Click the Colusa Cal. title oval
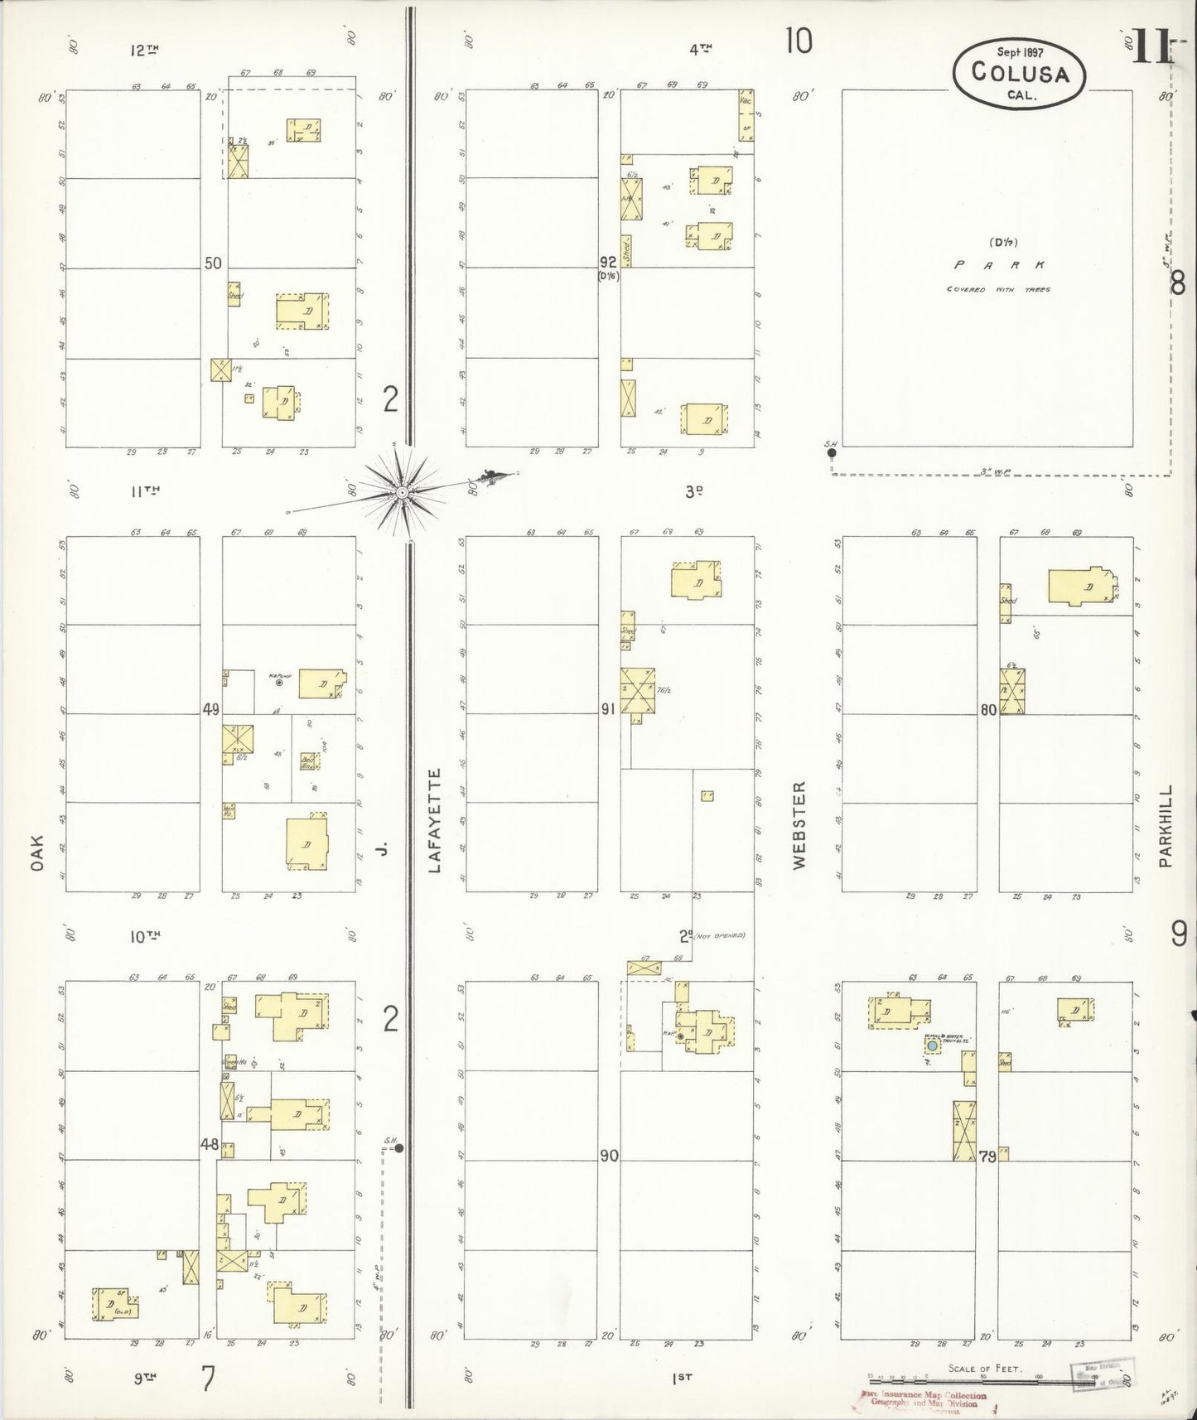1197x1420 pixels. [1019, 72]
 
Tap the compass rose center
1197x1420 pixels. [402, 492]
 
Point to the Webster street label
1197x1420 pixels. [799, 824]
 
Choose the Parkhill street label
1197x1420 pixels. [1166, 826]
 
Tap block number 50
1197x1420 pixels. [213, 263]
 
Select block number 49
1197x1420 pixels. [211, 709]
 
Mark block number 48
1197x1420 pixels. [209, 1145]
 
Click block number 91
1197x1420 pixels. [609, 709]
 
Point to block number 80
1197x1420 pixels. [988, 710]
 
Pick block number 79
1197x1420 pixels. [987, 1157]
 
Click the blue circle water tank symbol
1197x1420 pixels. [933, 1046]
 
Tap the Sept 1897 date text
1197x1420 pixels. [1020, 51]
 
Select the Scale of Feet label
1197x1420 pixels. [984, 1369]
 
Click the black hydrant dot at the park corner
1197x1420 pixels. [832, 452]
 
